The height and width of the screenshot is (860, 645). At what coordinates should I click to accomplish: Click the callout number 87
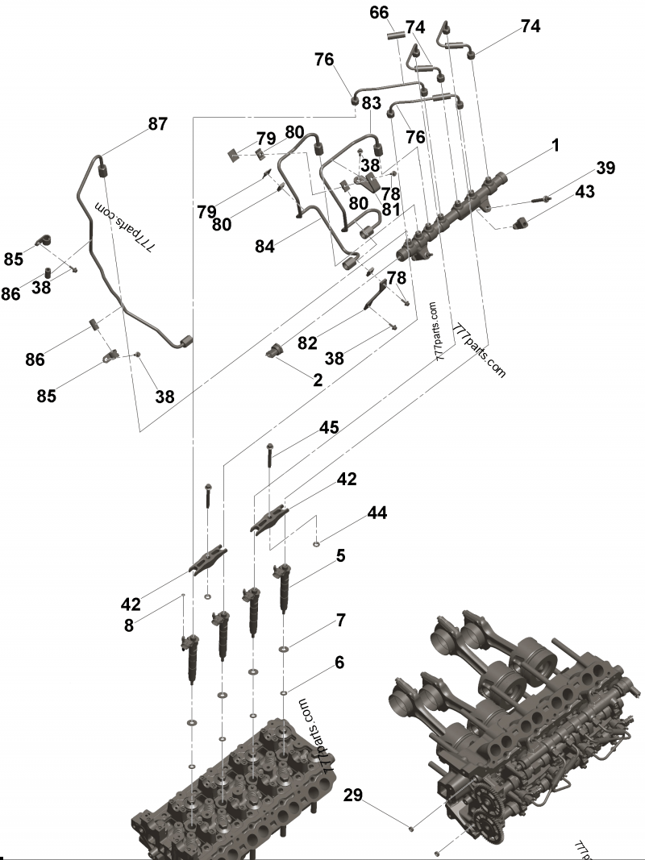[158, 124]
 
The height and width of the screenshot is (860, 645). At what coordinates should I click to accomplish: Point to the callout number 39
[605, 168]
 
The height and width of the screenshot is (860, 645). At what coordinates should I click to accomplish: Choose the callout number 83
[371, 103]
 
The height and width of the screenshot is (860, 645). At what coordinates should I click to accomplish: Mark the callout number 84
[265, 247]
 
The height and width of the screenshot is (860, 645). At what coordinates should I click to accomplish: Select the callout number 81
[391, 209]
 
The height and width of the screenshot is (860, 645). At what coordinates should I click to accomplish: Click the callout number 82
[308, 343]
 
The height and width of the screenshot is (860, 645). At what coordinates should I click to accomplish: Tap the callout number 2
[318, 380]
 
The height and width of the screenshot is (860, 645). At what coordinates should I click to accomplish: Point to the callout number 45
[328, 427]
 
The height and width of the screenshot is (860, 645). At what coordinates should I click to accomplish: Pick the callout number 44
[377, 513]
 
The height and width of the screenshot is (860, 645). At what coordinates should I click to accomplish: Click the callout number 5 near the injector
[341, 555]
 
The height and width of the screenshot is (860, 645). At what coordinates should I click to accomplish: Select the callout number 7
[341, 620]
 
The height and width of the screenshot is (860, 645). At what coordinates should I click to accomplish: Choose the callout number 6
[339, 662]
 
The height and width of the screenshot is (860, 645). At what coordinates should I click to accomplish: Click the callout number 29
[352, 796]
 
